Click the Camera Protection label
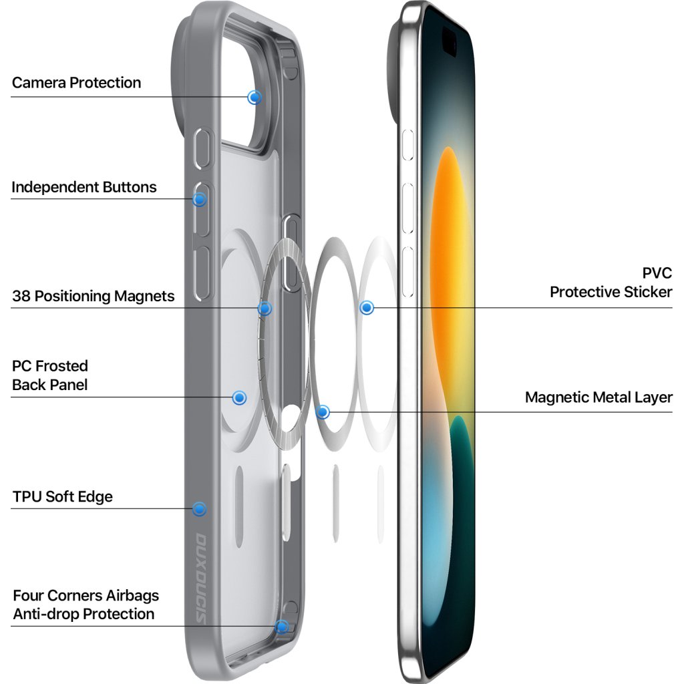pyautogui.click(x=76, y=83)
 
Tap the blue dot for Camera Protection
pyautogui.click(x=254, y=98)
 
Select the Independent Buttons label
pyautogui.click(x=84, y=187)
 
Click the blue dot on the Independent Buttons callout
pyautogui.click(x=199, y=199)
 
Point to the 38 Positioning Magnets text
pyautogui.click(x=94, y=296)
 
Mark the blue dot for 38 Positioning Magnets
pyautogui.click(x=265, y=309)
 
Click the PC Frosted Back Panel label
pyautogui.click(x=50, y=375)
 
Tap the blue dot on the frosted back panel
pyautogui.click(x=239, y=398)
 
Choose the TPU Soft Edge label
pyautogui.click(x=63, y=497)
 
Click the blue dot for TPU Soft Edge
pyautogui.click(x=198, y=509)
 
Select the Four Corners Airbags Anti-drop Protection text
pyautogui.click(x=85, y=605)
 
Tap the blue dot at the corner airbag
pyautogui.click(x=282, y=627)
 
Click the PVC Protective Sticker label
pyautogui.click(x=611, y=283)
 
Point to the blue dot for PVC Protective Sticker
pyautogui.click(x=366, y=308)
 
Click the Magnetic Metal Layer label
pyautogui.click(x=598, y=397)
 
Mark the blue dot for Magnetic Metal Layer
pyautogui.click(x=323, y=412)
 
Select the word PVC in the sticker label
pyautogui.click(x=657, y=273)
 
